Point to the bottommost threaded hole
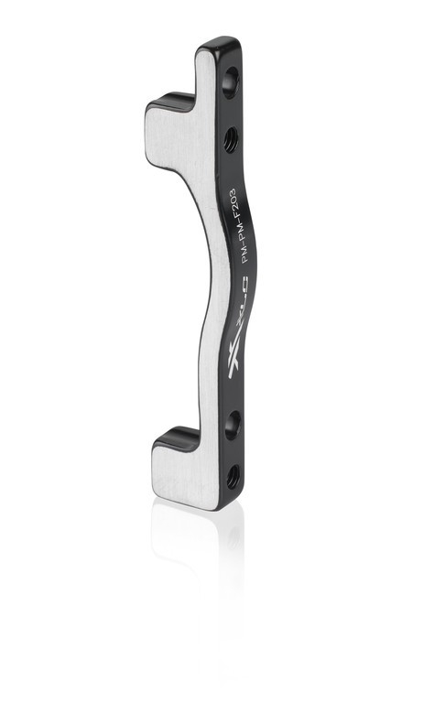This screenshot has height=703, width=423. (x=233, y=475)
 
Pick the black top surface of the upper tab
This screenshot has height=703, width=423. (x=169, y=100)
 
